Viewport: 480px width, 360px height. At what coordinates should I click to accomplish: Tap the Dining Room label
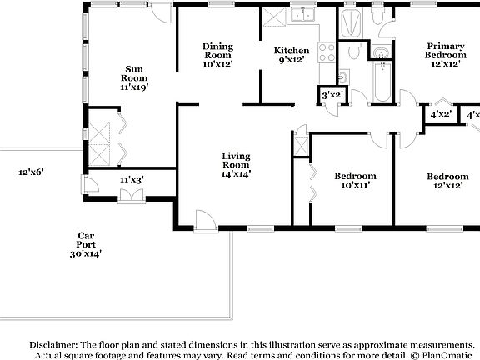(x=217, y=54)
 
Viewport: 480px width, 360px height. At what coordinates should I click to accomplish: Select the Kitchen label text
(x=292, y=50)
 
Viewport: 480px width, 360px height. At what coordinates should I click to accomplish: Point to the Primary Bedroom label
(x=445, y=54)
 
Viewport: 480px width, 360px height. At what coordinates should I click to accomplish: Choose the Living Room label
(x=237, y=164)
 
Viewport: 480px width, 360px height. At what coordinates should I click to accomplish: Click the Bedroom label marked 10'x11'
(x=355, y=180)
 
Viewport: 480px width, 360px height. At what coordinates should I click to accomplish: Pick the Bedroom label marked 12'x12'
(x=447, y=180)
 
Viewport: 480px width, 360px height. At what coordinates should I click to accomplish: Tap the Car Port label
(x=85, y=244)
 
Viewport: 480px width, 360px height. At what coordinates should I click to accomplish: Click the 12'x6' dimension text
(x=31, y=172)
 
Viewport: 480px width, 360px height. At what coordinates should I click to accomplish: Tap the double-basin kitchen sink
(x=299, y=15)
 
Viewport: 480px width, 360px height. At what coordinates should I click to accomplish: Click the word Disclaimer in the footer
(x=53, y=344)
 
